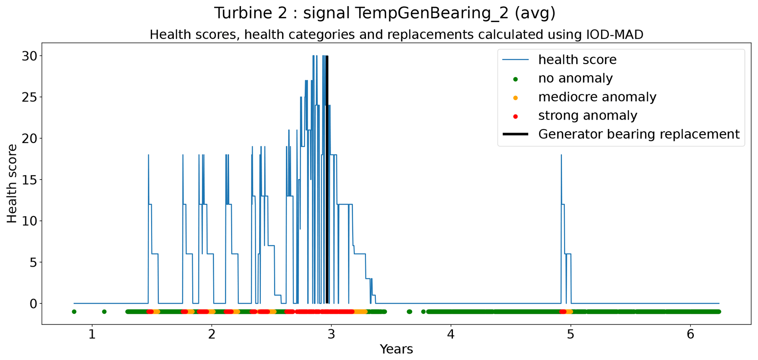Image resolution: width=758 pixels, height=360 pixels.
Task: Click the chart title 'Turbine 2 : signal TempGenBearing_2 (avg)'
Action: [385, 13]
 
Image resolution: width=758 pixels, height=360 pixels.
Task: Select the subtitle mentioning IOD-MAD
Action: [396, 35]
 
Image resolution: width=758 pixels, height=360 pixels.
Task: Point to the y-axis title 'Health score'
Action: [12, 183]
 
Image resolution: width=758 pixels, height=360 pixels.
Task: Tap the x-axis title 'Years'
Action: [396, 349]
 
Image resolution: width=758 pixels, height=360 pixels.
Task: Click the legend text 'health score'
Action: [577, 60]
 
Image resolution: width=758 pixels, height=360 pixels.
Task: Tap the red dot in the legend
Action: [515, 116]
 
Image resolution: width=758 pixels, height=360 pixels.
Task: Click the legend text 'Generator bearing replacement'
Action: [639, 135]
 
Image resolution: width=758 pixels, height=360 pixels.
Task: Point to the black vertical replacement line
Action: [327, 180]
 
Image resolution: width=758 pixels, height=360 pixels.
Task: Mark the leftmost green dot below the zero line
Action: [74, 312]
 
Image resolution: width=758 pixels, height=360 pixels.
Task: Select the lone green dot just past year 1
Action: [104, 312]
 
